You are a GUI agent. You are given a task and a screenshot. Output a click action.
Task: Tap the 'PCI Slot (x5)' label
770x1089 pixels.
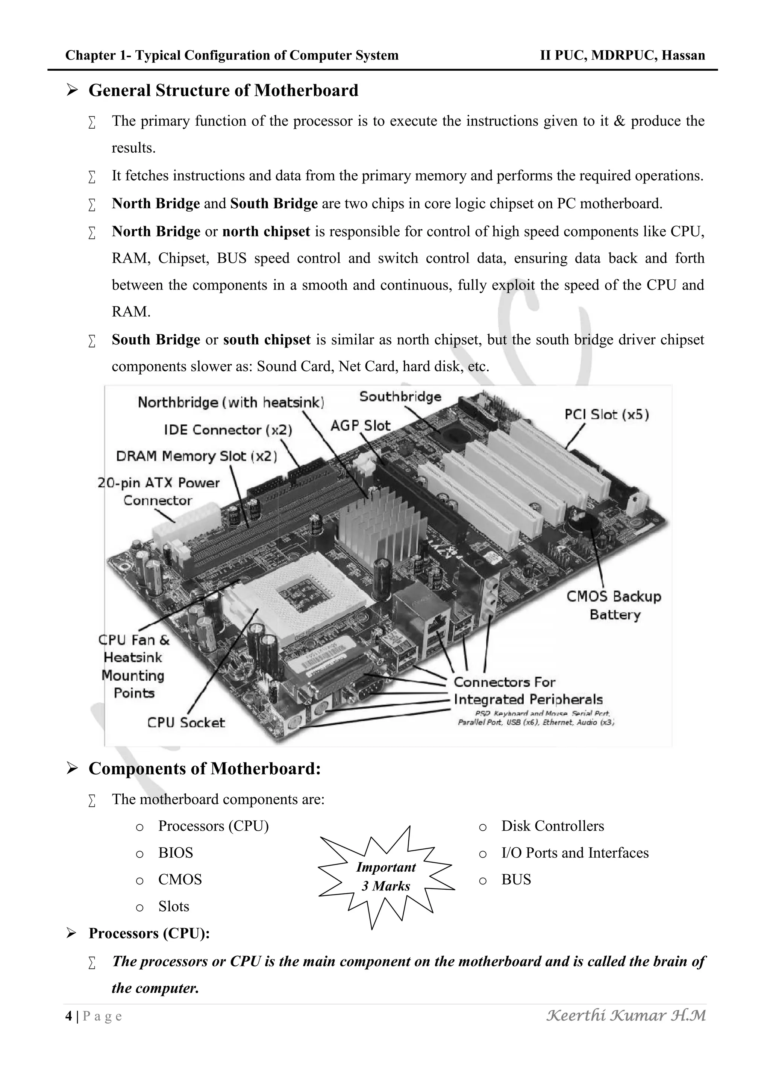pyautogui.click(x=606, y=414)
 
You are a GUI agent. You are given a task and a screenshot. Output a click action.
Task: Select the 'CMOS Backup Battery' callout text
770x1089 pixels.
pyautogui.click(x=614, y=605)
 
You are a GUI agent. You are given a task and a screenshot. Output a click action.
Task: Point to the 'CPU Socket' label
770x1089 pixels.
pyautogui.click(x=186, y=722)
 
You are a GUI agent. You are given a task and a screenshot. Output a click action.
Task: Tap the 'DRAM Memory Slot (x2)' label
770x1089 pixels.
pyautogui.click(x=196, y=456)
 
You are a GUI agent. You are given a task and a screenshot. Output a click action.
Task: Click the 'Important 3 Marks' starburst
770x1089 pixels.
pyautogui.click(x=386, y=877)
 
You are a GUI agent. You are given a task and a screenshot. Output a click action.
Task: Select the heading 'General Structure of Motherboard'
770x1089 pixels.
pyautogui.click(x=223, y=90)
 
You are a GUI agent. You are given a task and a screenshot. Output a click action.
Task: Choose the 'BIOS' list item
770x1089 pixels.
pyautogui.click(x=176, y=853)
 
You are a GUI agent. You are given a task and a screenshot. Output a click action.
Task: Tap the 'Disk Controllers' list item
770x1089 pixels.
pyautogui.click(x=552, y=826)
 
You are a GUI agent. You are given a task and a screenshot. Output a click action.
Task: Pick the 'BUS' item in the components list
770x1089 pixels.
pyautogui.click(x=516, y=879)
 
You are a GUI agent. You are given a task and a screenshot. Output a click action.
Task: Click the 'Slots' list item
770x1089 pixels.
pyautogui.click(x=174, y=906)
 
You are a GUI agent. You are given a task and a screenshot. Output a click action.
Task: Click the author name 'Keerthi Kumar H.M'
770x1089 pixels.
pyautogui.click(x=626, y=1015)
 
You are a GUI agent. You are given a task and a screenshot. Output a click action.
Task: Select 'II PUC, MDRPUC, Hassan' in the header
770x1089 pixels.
pyautogui.click(x=622, y=56)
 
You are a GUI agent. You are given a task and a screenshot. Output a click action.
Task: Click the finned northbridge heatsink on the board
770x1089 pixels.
pyautogui.click(x=379, y=522)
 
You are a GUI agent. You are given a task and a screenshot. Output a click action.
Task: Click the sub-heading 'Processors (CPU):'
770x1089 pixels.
pyautogui.click(x=149, y=933)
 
